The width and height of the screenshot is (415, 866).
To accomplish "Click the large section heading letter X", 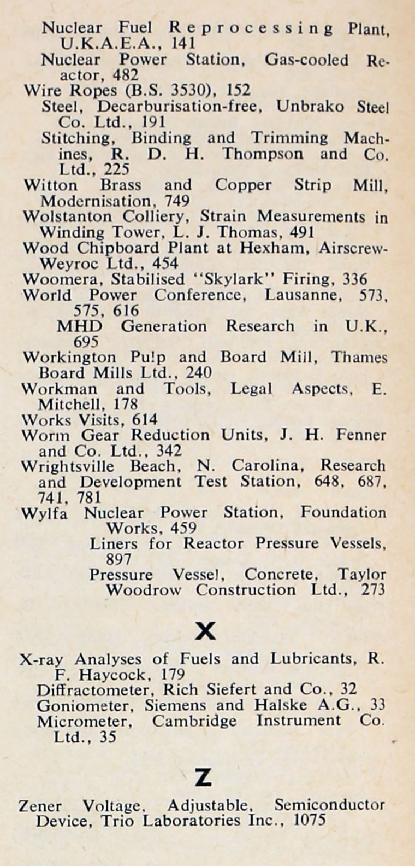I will (x=205, y=631).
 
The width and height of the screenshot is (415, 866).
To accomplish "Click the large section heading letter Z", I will (x=203, y=777).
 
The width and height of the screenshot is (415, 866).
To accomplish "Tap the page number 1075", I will (x=310, y=820).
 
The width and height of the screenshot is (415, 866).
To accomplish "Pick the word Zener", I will (x=40, y=805).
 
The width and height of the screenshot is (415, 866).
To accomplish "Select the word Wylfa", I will (x=44, y=513).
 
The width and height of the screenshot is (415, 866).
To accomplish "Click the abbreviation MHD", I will (x=79, y=326).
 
